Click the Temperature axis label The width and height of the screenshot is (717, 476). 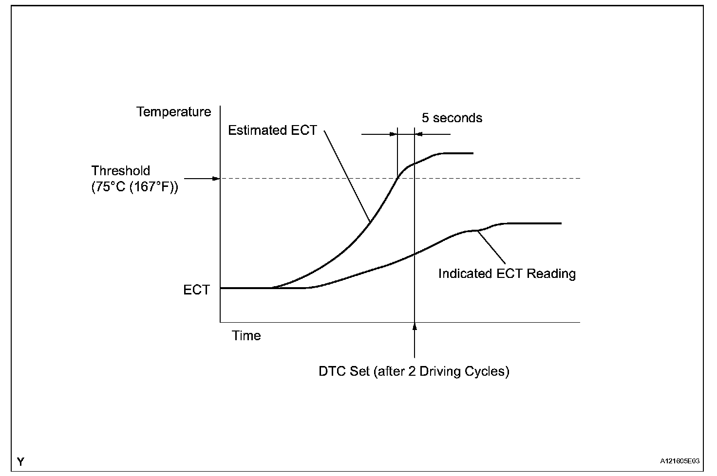pos(174,112)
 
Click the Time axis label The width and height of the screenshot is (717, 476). pos(246,336)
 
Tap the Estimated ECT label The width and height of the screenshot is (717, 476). pos(272,130)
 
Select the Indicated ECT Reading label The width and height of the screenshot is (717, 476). pos(507,274)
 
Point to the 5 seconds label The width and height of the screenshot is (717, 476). pos(452,118)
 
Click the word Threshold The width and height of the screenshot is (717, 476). pos(121,171)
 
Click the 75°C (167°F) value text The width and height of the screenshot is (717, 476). pos(134,187)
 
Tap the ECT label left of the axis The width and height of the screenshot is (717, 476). pos(196,290)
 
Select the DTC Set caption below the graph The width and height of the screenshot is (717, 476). pos(414,371)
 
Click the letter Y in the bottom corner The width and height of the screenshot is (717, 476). pos(20,461)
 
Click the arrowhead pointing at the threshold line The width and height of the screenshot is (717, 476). pos(216,179)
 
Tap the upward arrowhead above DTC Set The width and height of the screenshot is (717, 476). pos(415,327)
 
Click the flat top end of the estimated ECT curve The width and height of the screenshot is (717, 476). pos(458,153)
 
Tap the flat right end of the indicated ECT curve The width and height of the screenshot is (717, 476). pos(536,223)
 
